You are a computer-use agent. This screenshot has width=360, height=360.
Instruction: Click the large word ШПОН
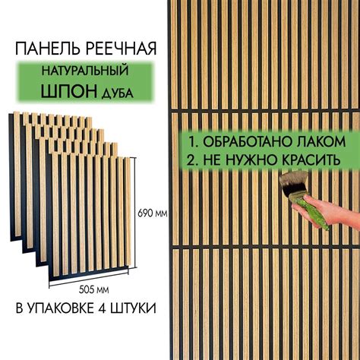(67, 93)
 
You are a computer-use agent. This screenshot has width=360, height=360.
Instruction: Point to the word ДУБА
(121, 94)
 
